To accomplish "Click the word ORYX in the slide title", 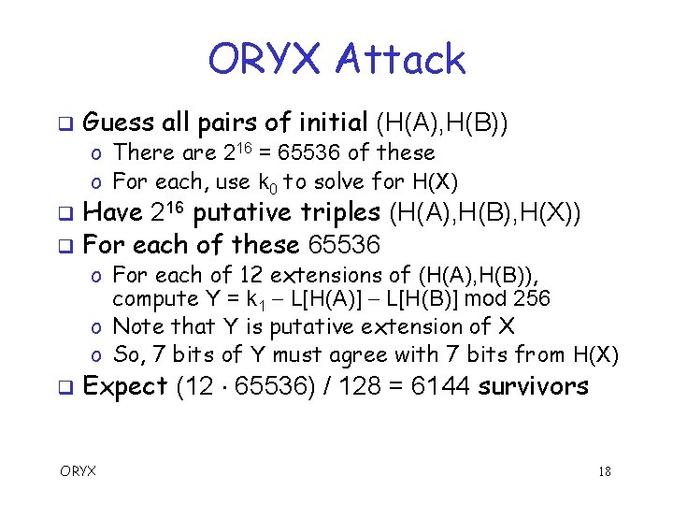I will (265, 60).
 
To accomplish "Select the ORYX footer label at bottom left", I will (79, 470).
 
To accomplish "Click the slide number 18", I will (604, 471).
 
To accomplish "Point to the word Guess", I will (119, 123).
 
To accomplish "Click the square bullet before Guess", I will (64, 123).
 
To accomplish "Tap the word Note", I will (135, 326).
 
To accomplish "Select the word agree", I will (393, 354).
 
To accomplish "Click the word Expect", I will (125, 385).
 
